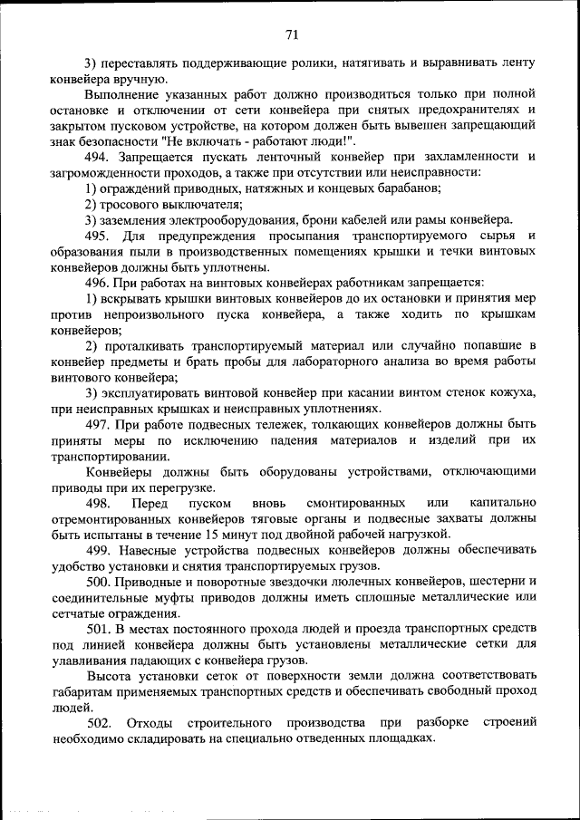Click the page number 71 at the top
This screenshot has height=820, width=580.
[291, 35]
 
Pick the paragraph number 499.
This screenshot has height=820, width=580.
[99, 550]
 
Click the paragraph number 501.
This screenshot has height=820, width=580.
[99, 628]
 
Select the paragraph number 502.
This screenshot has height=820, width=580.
[99, 722]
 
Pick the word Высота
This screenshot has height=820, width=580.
[106, 675]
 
